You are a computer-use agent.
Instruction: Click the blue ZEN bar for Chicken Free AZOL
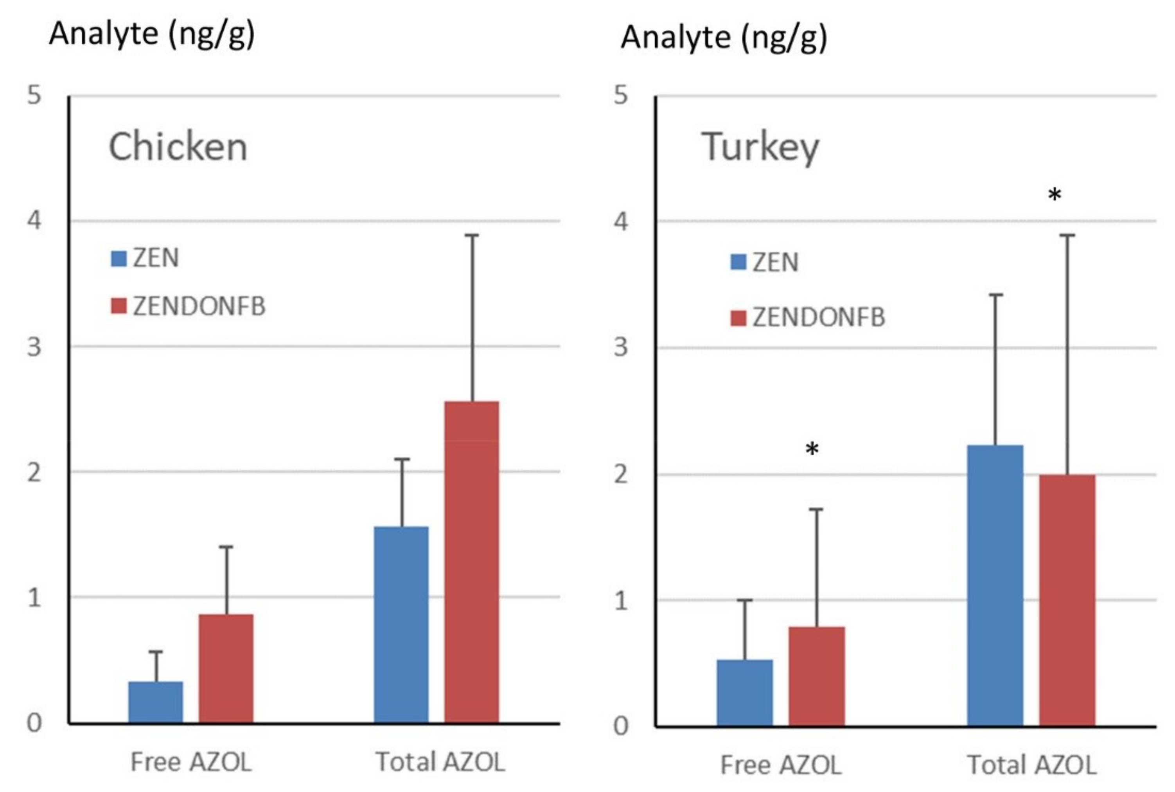[156, 702]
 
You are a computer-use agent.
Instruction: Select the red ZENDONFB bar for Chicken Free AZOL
[226, 668]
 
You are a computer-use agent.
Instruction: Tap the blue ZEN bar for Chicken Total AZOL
[401, 625]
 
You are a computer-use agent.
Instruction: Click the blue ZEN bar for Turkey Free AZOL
[745, 693]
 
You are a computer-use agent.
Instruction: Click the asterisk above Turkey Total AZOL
[1054, 195]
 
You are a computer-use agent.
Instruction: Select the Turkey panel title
[760, 147]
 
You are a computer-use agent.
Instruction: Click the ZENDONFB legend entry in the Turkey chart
[808, 318]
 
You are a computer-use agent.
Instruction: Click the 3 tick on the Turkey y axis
[621, 347]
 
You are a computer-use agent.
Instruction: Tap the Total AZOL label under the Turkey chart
[1031, 765]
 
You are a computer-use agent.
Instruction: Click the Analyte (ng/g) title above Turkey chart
[724, 38]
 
